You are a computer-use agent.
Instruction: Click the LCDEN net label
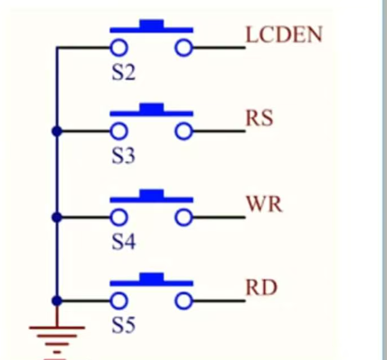[x=284, y=35]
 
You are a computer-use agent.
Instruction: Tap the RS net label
[x=259, y=119]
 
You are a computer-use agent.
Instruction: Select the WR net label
[x=264, y=205]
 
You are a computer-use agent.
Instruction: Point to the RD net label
[x=261, y=288]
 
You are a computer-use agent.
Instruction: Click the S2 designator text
[x=123, y=72]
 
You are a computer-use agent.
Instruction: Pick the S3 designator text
[x=123, y=156]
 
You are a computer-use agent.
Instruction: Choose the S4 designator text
[x=123, y=242]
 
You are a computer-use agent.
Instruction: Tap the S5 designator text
[x=123, y=326]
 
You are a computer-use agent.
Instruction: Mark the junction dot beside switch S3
[x=57, y=131]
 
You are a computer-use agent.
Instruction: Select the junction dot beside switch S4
[x=57, y=217]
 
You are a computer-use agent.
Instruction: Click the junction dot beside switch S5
[x=57, y=301]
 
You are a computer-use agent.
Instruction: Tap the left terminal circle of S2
[x=118, y=48]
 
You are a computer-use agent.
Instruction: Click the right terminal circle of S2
[x=183, y=48]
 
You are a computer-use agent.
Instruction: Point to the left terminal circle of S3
[x=118, y=132]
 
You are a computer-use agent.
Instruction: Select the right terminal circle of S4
[x=183, y=218]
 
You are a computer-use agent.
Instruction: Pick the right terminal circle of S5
[x=183, y=302]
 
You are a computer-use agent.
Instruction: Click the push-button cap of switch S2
[x=151, y=25]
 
